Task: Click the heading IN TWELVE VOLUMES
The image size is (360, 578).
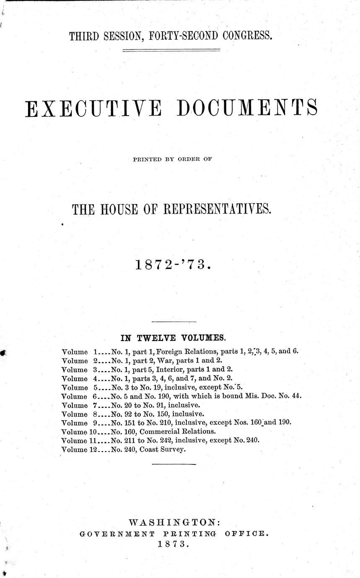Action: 173,337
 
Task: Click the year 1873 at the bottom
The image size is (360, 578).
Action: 173,544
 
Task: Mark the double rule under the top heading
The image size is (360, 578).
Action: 171,51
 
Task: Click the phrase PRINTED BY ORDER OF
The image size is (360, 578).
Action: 174,159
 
